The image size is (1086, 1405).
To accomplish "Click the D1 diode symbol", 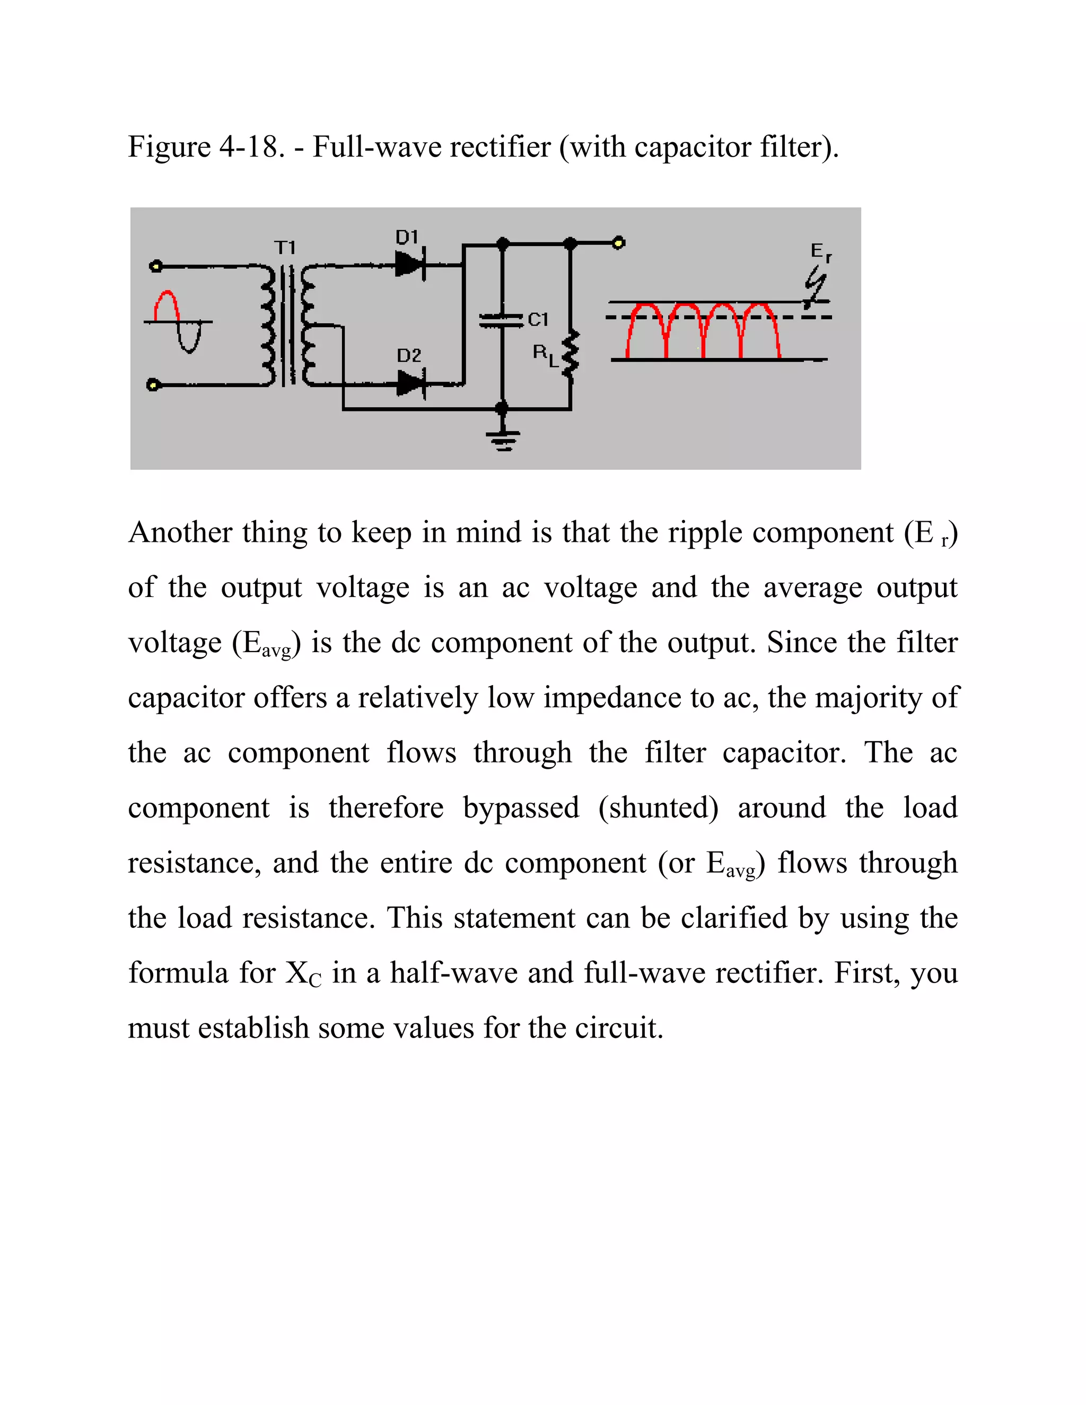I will pyautogui.click(x=410, y=264).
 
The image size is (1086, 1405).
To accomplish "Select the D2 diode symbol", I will pyautogui.click(x=411, y=384).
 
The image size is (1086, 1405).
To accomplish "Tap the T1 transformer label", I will pyautogui.click(x=285, y=248).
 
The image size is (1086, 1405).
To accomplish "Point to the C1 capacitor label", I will pyautogui.click(x=538, y=320).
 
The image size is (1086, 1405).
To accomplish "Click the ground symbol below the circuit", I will pyautogui.click(x=503, y=440).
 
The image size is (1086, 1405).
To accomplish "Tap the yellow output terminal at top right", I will pyautogui.click(x=618, y=243).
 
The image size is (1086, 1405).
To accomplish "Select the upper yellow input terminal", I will pyautogui.click(x=154, y=265).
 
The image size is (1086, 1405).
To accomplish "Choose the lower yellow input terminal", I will pyautogui.click(x=153, y=385).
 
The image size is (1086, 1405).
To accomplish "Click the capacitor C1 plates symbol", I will pyautogui.click(x=502, y=320).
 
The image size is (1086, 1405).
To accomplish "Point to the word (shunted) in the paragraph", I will pyautogui.click(x=658, y=808).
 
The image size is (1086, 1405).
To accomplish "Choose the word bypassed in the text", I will pyautogui.click(x=521, y=808).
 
